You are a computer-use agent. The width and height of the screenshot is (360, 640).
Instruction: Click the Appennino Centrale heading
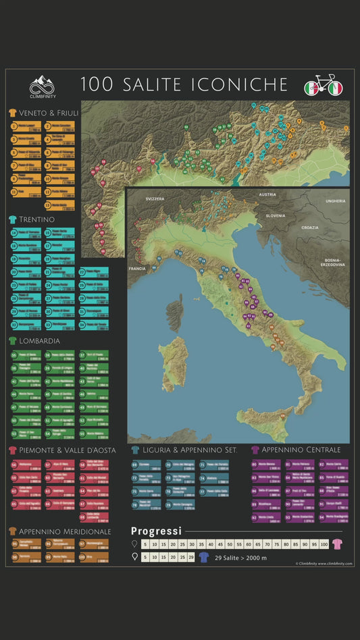301,450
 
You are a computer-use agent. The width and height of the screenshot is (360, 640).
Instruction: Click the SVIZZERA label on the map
155,200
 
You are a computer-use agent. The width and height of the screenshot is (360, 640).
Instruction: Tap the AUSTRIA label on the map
267,195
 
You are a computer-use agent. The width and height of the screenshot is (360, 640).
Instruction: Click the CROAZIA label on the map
310,228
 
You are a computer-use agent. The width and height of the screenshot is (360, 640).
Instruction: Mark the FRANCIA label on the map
137,268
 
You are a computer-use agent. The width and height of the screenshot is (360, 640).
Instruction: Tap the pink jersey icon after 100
337,544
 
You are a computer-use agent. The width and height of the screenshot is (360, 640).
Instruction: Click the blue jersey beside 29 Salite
203,557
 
